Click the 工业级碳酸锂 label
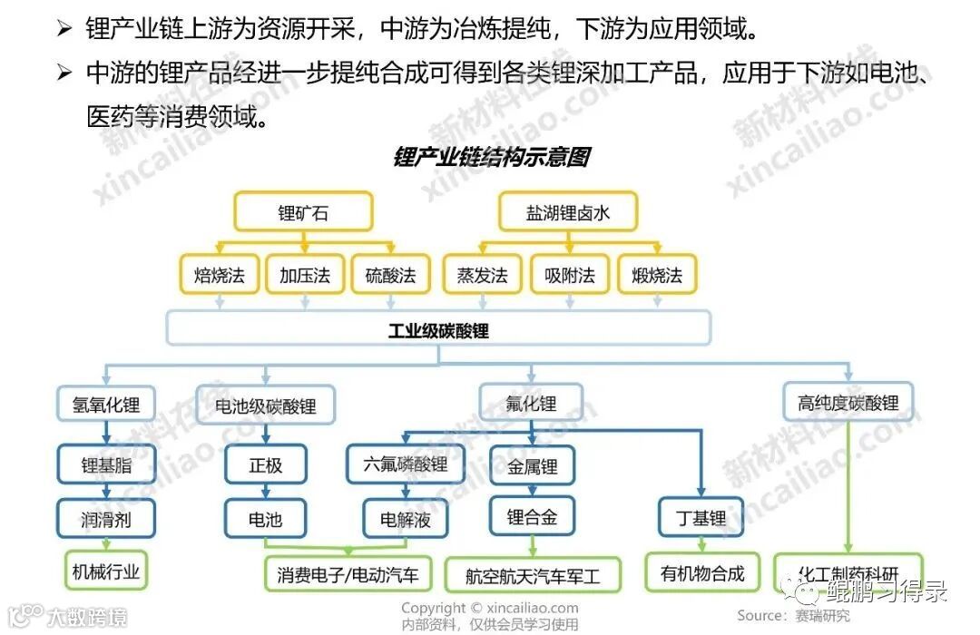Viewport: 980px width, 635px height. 438,330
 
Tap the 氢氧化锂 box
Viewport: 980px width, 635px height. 106,404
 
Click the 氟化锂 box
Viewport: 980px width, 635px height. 531,404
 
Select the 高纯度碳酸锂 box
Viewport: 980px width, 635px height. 848,404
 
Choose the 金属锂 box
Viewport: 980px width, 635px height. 532,466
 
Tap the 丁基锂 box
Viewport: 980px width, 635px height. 701,518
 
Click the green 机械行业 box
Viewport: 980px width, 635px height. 106,571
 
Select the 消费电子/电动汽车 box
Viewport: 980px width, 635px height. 348,575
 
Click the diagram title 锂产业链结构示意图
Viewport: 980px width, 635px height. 491,157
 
